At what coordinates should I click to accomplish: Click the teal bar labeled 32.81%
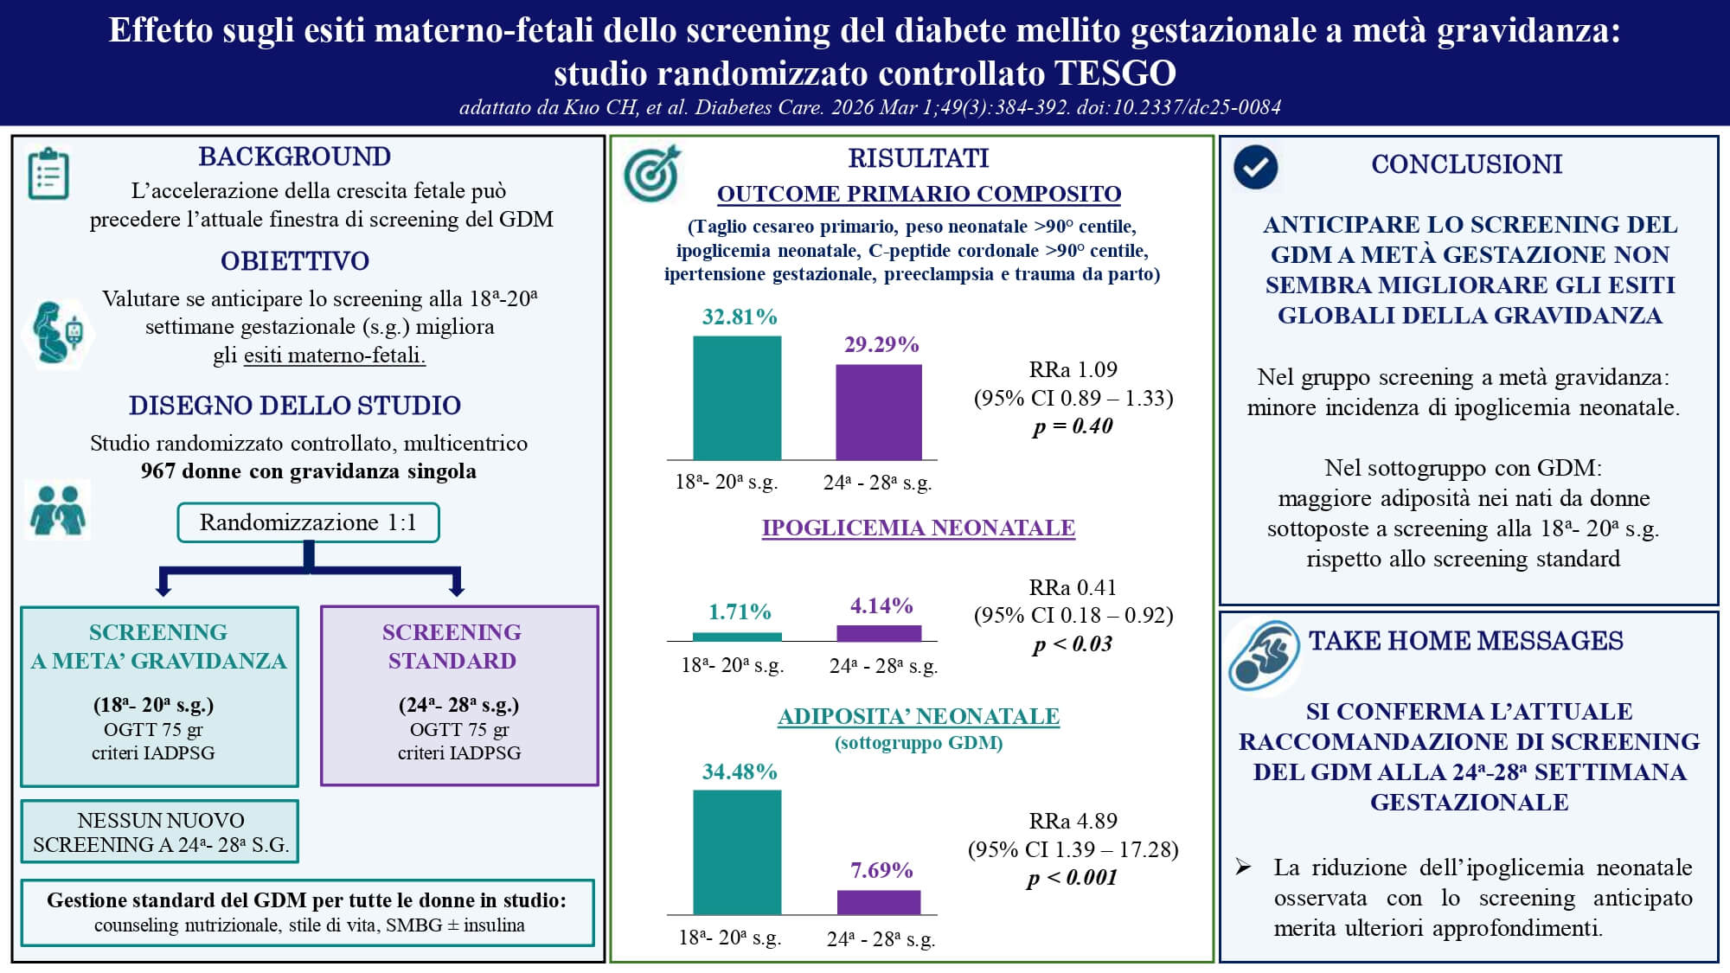tap(737, 398)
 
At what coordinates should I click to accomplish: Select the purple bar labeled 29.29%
tap(879, 413)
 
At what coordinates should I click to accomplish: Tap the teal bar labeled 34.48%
tap(737, 853)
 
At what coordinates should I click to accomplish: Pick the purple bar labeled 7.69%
tap(879, 902)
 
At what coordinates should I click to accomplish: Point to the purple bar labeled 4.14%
tap(879, 633)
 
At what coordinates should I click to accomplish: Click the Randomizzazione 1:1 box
tap(309, 522)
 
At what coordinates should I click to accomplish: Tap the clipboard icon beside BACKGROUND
tap(48, 174)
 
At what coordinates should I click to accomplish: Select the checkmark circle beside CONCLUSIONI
tap(1256, 167)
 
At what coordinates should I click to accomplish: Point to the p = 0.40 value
tap(1073, 426)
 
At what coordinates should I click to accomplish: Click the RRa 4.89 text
tap(1073, 821)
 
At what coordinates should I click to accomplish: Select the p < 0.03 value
tap(1073, 644)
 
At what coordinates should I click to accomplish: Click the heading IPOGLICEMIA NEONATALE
tap(919, 528)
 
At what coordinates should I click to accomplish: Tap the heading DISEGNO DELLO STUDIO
tap(295, 406)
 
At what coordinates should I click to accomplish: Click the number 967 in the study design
tap(158, 471)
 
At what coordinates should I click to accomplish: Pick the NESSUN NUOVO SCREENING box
tap(160, 832)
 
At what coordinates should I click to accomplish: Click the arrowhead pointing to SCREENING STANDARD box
tap(458, 590)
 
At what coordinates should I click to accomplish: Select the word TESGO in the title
tap(1115, 74)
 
